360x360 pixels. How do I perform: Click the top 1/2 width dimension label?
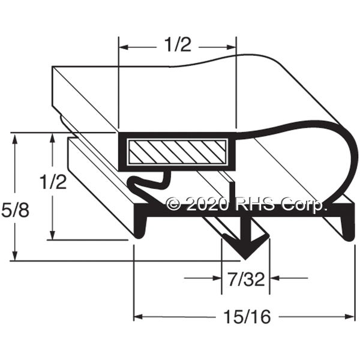(x=178, y=44)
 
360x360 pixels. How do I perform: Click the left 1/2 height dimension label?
(x=53, y=181)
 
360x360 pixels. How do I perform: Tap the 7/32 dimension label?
(x=247, y=279)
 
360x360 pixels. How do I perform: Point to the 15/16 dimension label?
(x=247, y=317)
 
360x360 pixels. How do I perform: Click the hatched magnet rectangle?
(x=177, y=152)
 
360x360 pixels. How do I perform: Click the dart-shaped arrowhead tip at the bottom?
(x=245, y=259)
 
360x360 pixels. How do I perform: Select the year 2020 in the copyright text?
(x=208, y=205)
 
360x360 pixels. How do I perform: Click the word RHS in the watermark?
(x=255, y=205)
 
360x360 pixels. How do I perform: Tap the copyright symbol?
(x=174, y=205)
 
